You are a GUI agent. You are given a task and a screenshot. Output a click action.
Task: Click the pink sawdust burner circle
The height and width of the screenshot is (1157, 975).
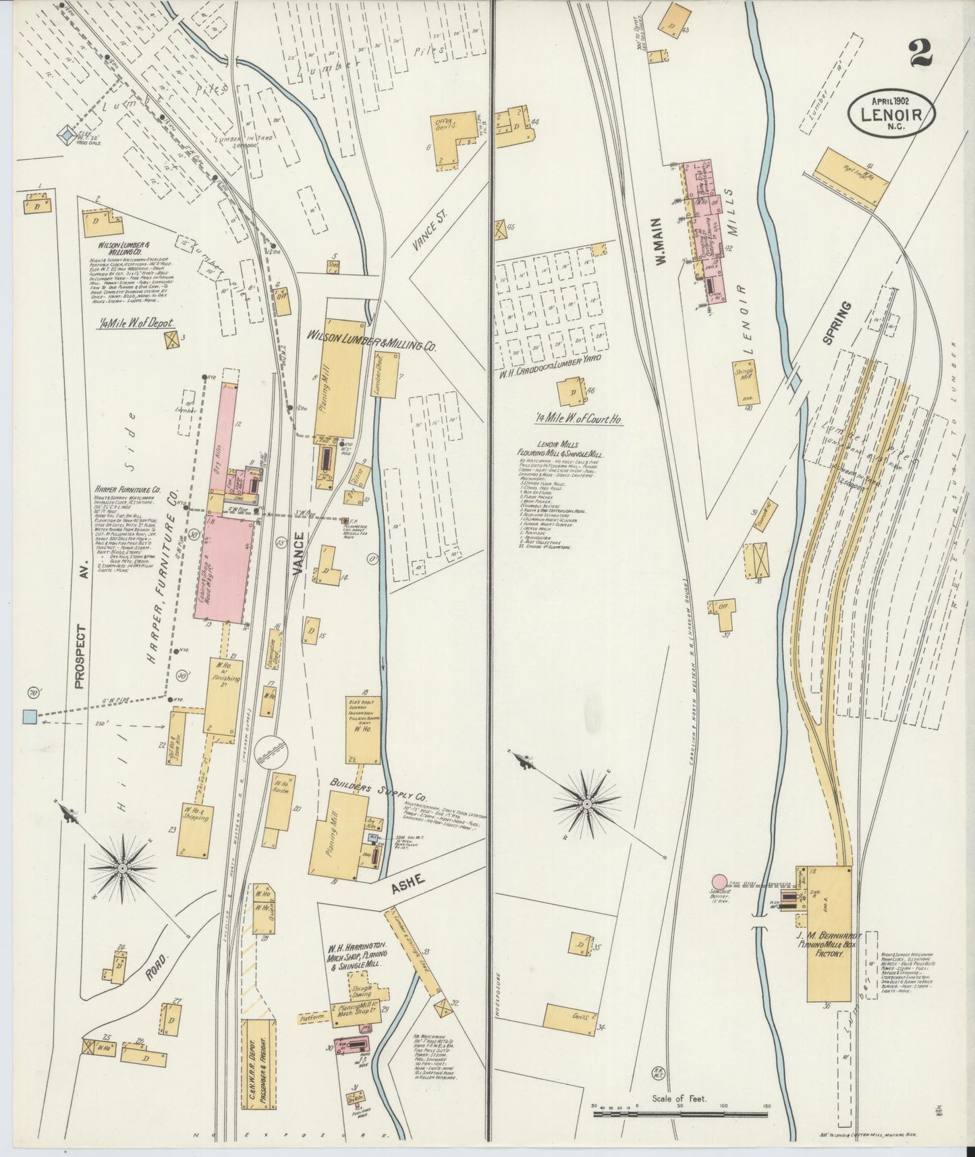(x=720, y=882)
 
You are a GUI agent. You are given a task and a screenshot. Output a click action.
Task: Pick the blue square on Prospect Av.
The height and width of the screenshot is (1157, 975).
(x=29, y=716)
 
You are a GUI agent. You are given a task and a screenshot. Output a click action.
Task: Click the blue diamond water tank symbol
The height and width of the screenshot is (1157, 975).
(x=65, y=136)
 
